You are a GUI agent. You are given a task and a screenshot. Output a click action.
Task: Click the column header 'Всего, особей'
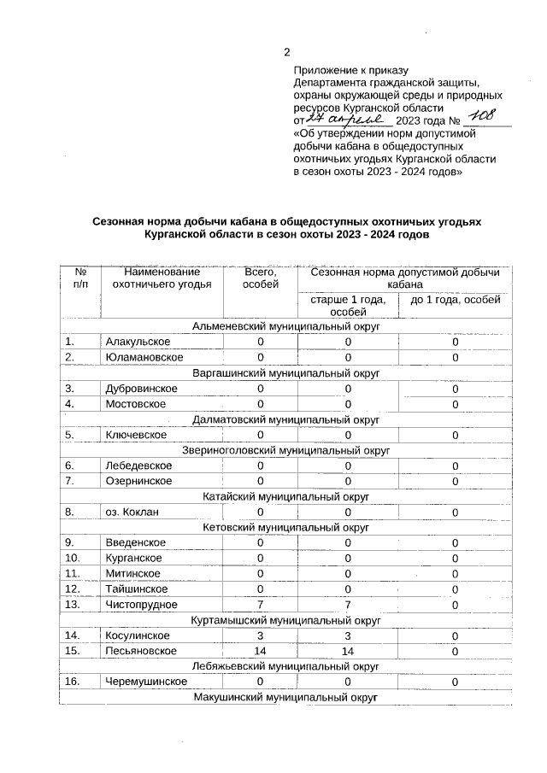[x=261, y=278]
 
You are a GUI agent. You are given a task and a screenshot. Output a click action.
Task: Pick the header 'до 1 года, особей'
[x=455, y=300]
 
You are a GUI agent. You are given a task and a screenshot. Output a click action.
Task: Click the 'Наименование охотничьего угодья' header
[x=162, y=278]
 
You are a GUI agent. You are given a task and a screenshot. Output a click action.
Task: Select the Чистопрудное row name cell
[x=141, y=605]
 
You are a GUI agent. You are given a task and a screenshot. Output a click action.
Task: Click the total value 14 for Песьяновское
[x=261, y=652]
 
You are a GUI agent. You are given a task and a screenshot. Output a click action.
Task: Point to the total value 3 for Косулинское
[x=261, y=635]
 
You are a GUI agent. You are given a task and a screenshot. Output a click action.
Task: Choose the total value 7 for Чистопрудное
[x=261, y=605]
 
